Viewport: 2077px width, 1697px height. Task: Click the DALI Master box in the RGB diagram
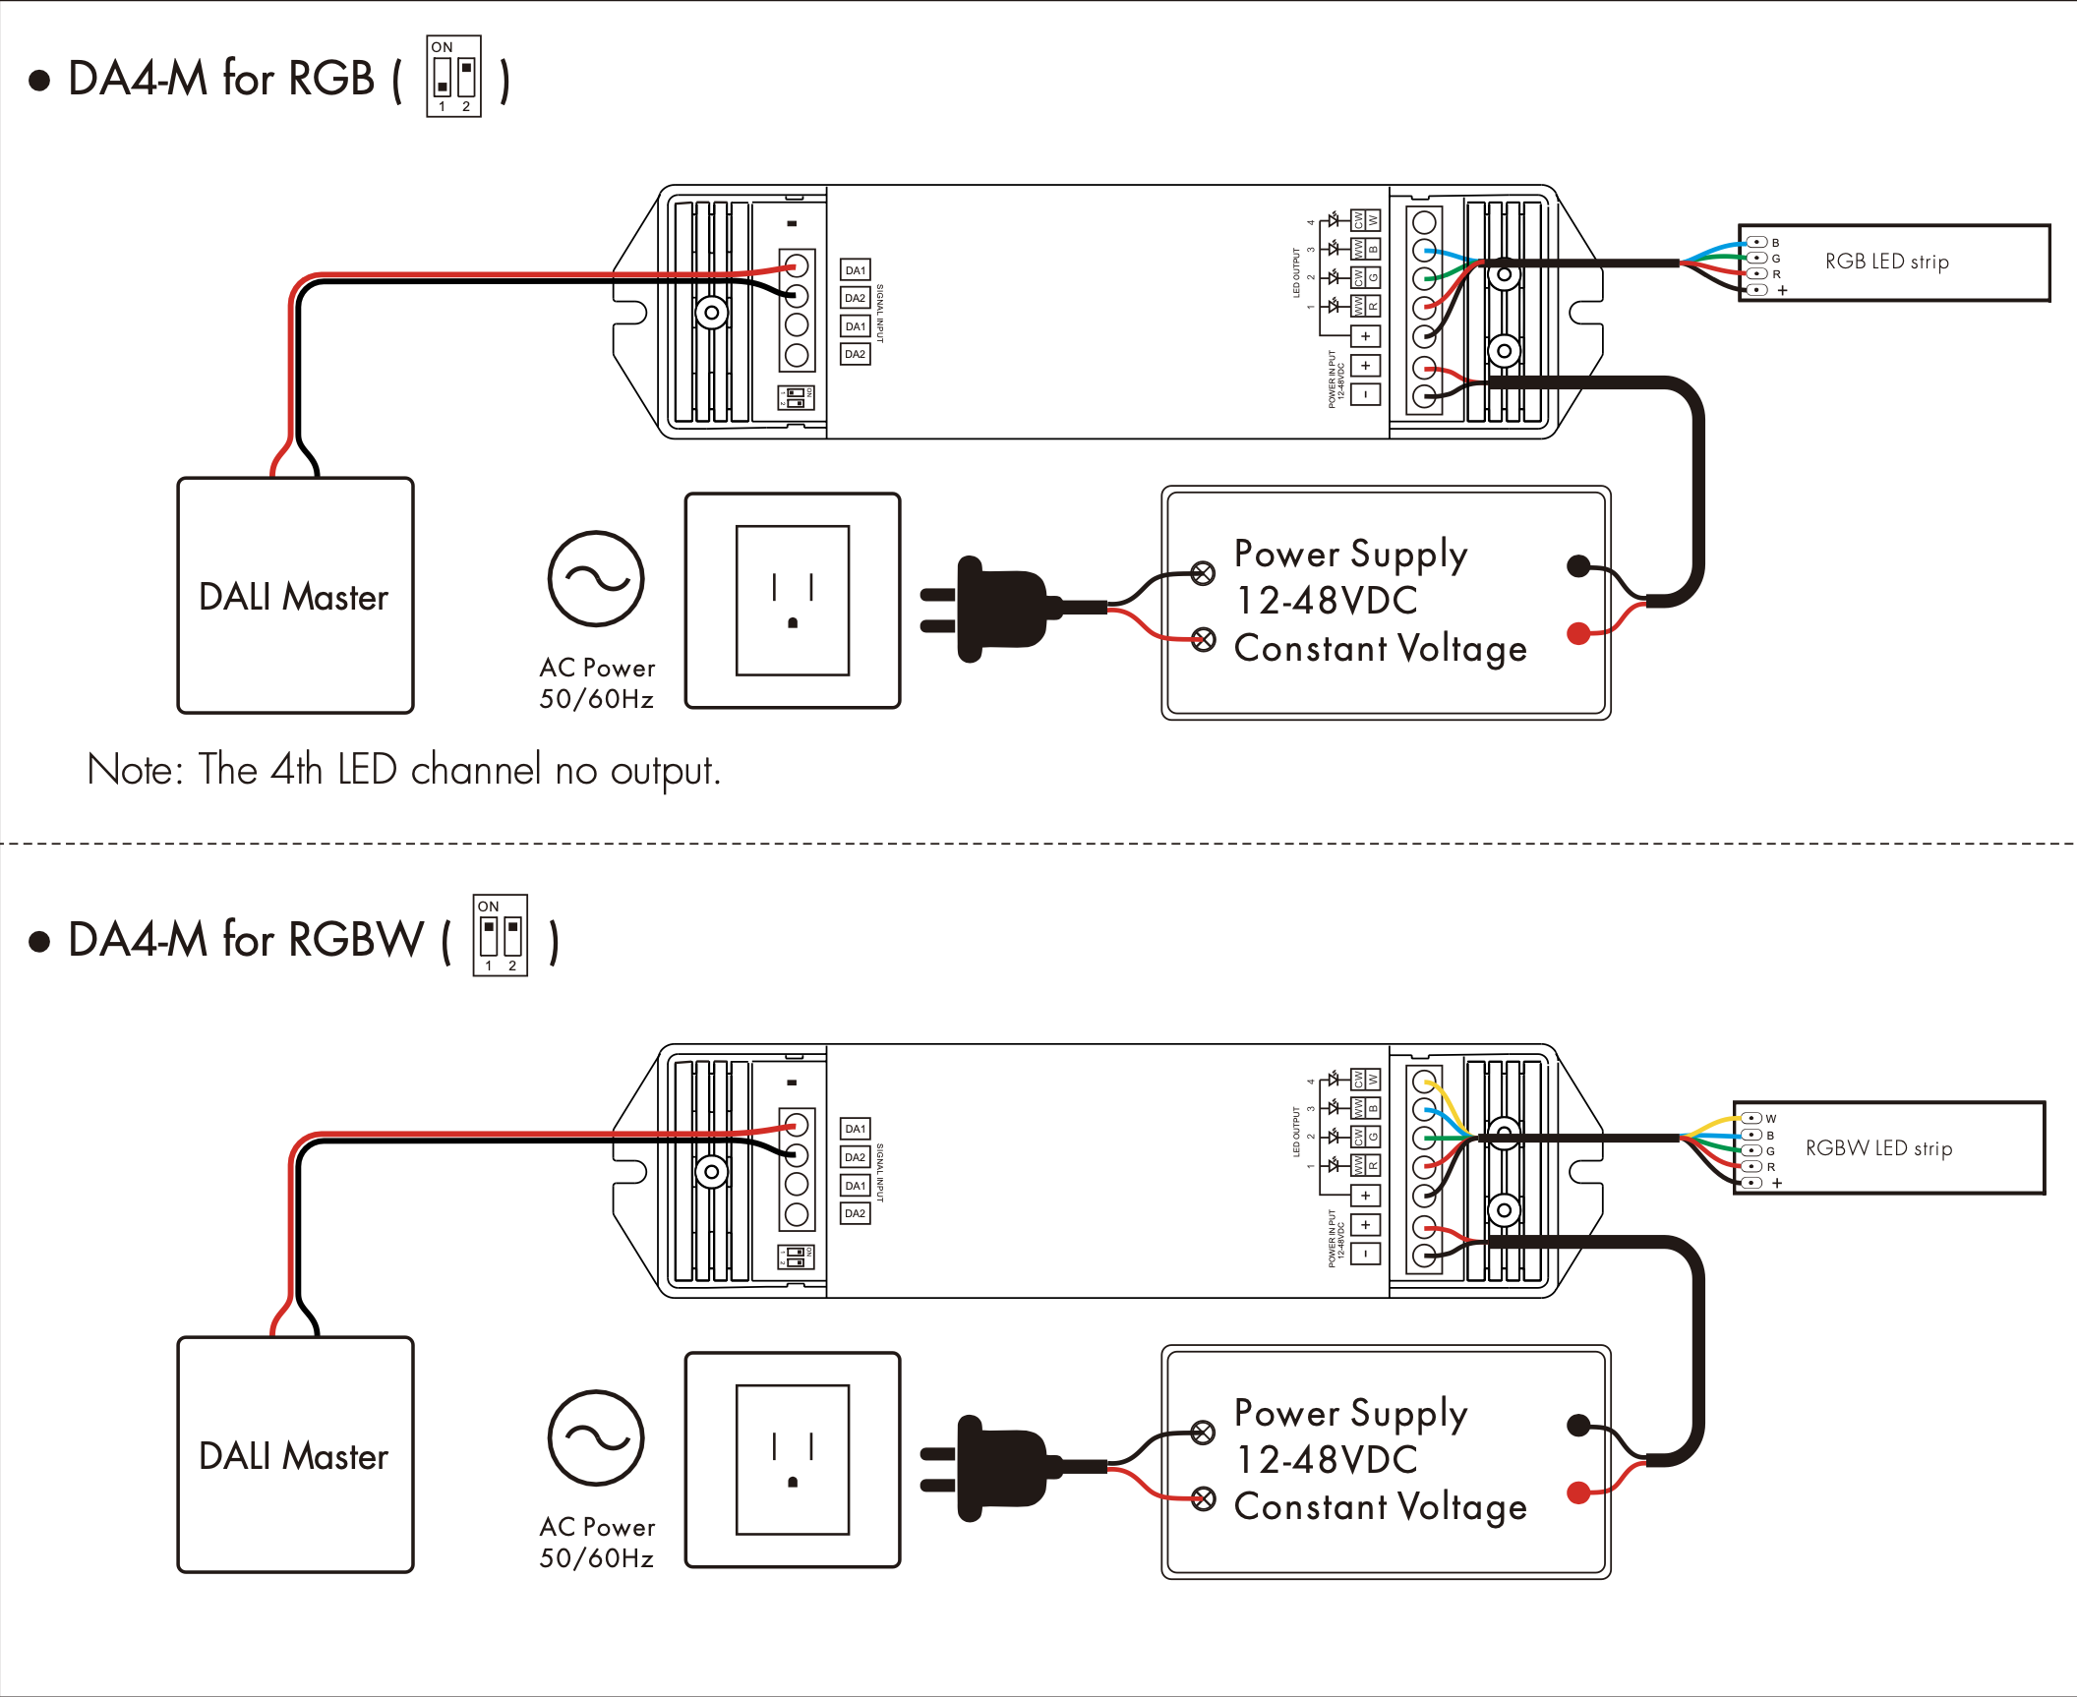[295, 596]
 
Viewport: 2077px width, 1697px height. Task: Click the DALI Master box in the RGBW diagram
[295, 1455]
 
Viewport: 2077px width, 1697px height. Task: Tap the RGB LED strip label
[1886, 262]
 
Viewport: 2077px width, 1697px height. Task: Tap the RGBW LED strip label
[1878, 1148]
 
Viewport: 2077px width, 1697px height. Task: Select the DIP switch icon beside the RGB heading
[453, 77]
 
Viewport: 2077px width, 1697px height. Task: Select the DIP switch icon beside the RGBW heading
[500, 935]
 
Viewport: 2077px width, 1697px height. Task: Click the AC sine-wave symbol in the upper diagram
[596, 579]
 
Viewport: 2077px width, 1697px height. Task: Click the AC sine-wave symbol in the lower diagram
[596, 1438]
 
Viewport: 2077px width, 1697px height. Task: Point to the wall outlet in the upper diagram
[793, 601]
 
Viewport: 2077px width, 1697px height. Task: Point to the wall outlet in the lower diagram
[793, 1460]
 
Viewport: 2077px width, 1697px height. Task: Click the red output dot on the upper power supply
[1578, 633]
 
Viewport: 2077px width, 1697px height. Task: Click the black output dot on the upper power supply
[1578, 565]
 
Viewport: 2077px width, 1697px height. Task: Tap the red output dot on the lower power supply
[1578, 1492]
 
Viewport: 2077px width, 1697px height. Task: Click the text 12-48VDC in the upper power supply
[1327, 601]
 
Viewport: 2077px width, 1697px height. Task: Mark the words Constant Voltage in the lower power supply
[1380, 1507]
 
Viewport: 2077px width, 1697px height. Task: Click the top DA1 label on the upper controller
[856, 270]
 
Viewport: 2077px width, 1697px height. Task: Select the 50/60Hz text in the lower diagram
[596, 1558]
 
